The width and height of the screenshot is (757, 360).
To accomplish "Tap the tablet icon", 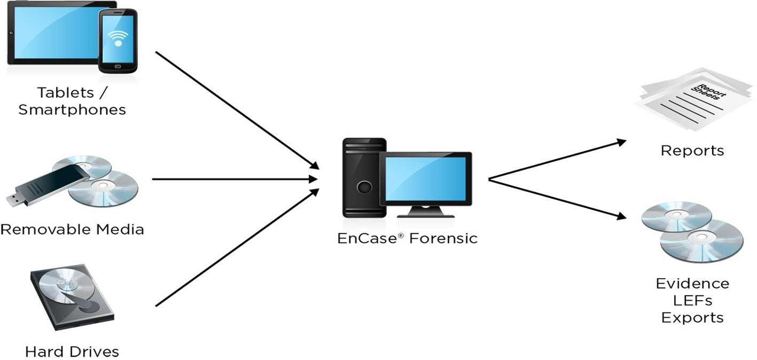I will click(51, 32).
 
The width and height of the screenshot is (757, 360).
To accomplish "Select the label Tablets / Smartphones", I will click(72, 101).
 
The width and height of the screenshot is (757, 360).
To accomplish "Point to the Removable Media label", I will click(72, 230).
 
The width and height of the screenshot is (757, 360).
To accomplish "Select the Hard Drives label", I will click(72, 352).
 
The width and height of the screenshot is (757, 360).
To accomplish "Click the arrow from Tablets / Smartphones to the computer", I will click(235, 109).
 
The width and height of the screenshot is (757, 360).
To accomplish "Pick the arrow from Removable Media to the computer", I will click(235, 179).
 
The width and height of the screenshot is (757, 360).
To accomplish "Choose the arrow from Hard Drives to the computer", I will click(235, 248).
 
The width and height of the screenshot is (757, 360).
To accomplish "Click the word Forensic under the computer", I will click(443, 238).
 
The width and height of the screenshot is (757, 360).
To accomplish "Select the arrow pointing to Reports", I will click(558, 160).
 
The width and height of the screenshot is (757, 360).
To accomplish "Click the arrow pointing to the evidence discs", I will click(558, 199).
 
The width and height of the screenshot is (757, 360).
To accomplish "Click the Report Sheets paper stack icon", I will click(692, 99).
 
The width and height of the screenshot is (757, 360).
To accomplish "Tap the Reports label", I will click(692, 151).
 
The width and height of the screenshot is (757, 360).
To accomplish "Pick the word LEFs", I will click(692, 300).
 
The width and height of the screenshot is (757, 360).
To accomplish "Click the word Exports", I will click(692, 318).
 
